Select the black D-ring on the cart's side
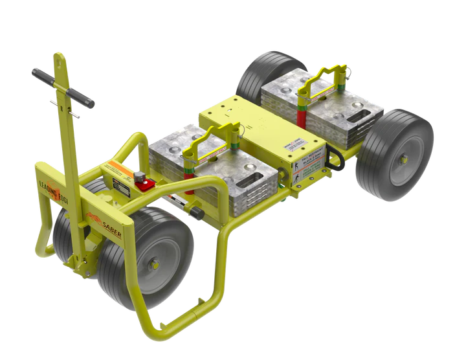[x=337, y=159]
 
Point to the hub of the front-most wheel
[x=155, y=263]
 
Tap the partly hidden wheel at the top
[x=265, y=70]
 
